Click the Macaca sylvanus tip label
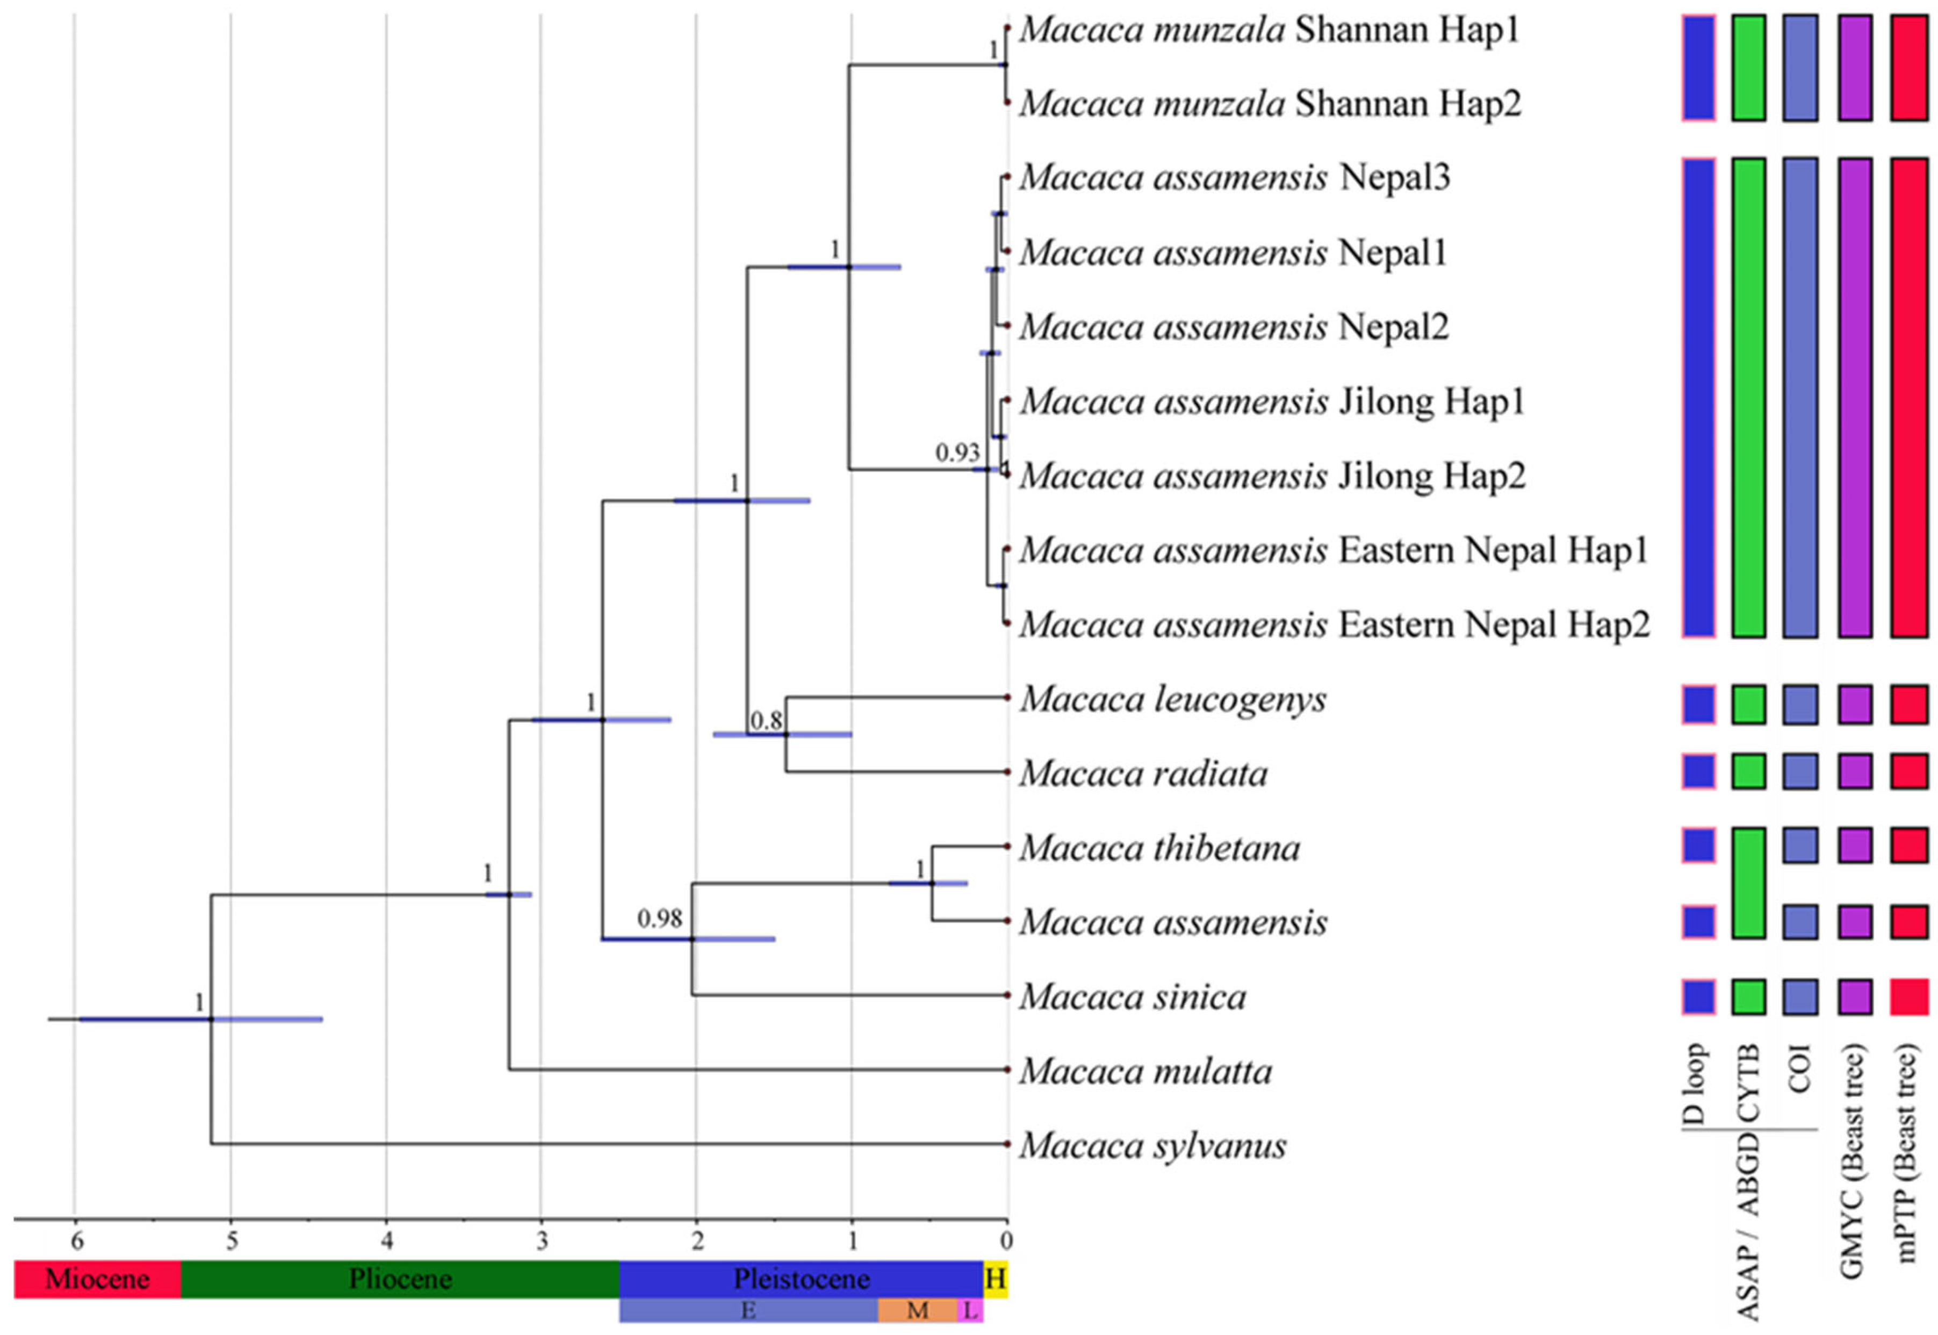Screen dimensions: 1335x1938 point(1152,1145)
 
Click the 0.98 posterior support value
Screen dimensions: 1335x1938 point(660,918)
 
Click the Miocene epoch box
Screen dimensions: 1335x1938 point(97,1279)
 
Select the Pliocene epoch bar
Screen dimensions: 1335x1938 point(400,1279)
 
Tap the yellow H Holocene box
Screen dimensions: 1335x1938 point(995,1279)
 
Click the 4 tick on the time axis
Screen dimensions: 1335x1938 point(387,1240)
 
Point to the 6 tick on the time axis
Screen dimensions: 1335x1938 point(77,1240)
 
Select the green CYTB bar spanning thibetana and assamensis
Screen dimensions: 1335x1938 point(1748,884)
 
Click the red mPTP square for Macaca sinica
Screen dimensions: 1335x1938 point(1909,996)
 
